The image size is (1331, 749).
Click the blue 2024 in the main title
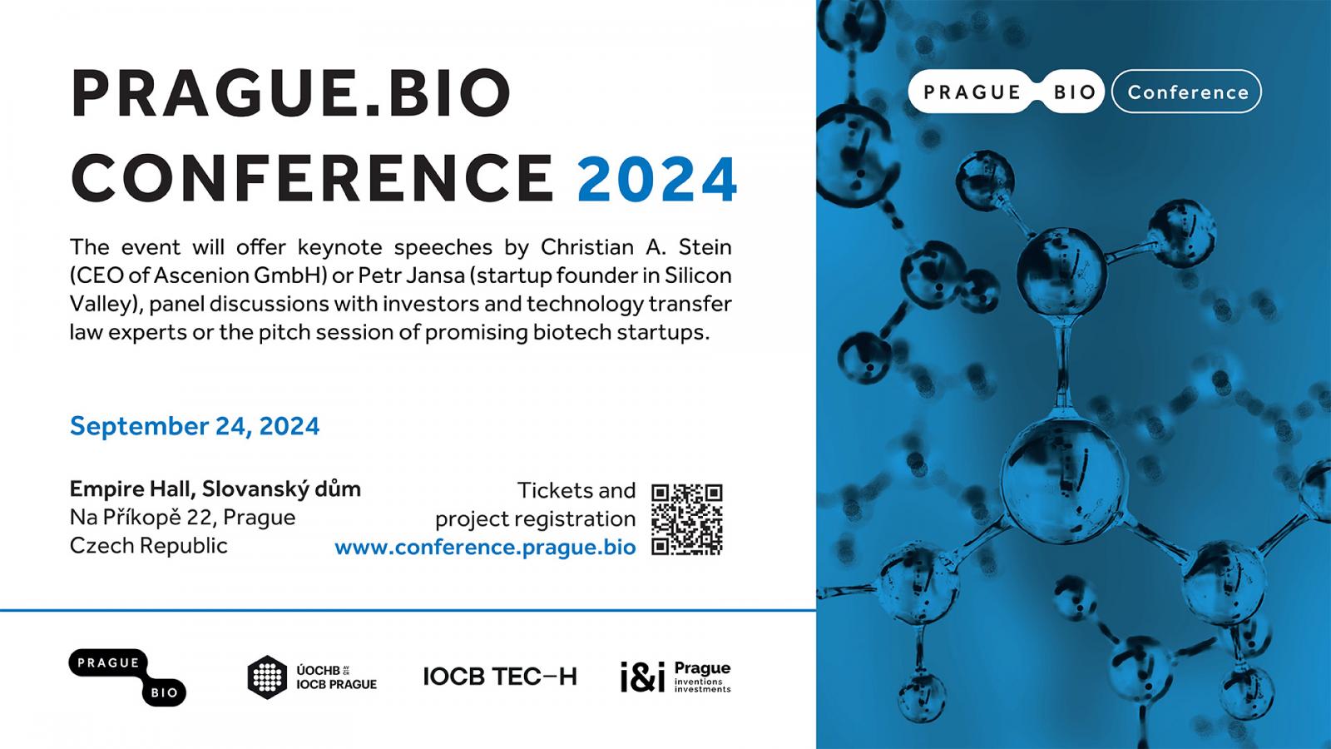[x=657, y=179]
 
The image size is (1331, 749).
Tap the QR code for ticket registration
[x=687, y=519]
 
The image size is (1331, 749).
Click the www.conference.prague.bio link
[x=485, y=547]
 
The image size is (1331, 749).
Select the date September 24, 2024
[x=195, y=426]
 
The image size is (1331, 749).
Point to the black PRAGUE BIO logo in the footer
[x=127, y=677]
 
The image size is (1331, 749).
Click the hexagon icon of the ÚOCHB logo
[x=267, y=677]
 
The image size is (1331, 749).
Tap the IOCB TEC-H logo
[x=500, y=677]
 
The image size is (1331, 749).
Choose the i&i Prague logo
[x=675, y=677]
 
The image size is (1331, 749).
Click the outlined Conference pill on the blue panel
[x=1186, y=92]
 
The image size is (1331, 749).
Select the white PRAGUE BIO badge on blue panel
[x=1006, y=92]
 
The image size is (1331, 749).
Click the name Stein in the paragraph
[x=705, y=246]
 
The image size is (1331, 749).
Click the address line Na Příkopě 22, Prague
[x=182, y=517]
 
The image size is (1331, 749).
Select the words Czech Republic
[x=149, y=545]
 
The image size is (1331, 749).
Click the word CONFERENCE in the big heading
[x=313, y=179]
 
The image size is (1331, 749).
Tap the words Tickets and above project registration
[x=576, y=490]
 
